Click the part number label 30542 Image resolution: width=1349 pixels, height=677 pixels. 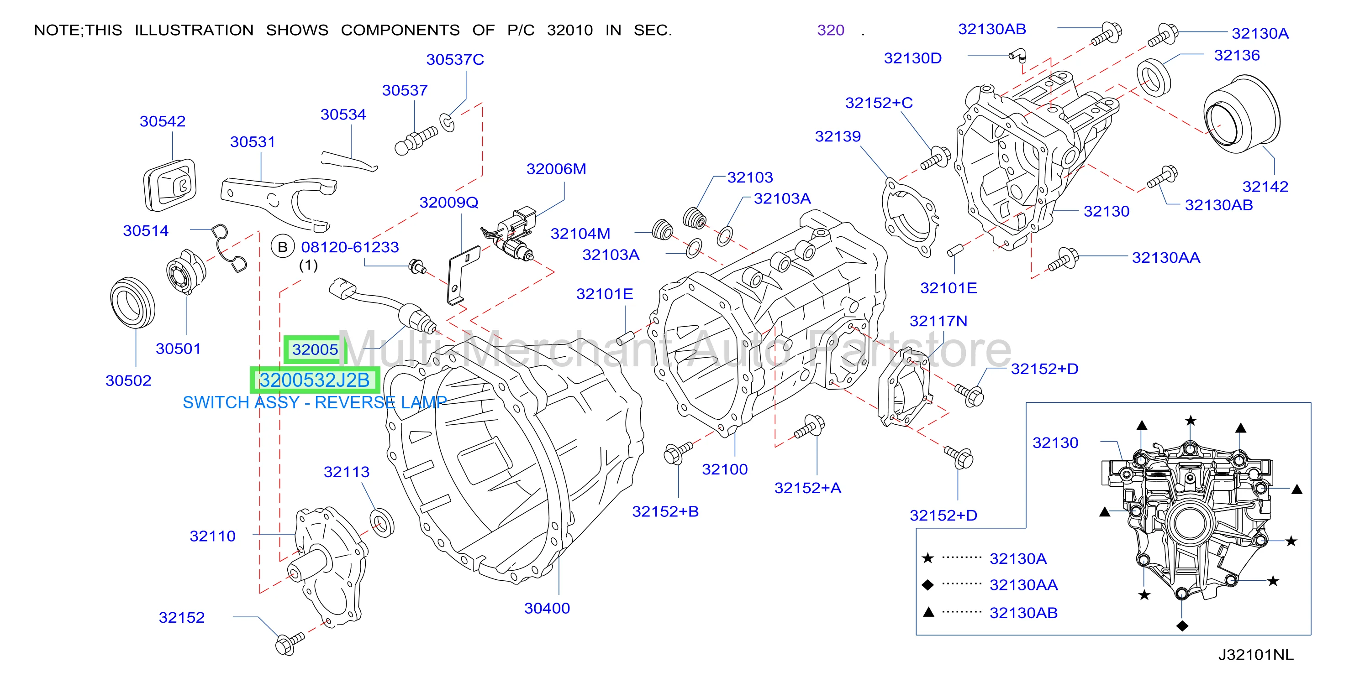point(162,121)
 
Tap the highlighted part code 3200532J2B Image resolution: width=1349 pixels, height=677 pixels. point(315,380)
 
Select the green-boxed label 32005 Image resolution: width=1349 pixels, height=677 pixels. point(315,349)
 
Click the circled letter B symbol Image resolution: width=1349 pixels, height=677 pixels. point(283,247)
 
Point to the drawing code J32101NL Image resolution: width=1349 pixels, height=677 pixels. point(1255,655)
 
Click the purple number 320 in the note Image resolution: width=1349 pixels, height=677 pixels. point(831,31)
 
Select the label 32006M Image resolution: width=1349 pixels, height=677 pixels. point(556,169)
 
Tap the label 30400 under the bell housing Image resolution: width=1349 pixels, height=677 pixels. point(547,608)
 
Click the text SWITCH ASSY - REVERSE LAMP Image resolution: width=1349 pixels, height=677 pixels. point(315,402)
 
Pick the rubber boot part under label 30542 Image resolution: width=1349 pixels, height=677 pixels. point(170,185)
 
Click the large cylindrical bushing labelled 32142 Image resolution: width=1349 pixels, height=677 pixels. point(1242,114)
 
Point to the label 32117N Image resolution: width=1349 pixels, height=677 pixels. point(938,321)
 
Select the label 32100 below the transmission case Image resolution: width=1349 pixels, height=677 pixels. point(725,469)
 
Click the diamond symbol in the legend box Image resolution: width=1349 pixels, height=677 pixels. point(927,585)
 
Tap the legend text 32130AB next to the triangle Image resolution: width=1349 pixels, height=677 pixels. point(1023,613)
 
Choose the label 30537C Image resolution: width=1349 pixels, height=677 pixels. point(455,60)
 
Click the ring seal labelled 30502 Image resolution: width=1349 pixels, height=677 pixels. point(133,303)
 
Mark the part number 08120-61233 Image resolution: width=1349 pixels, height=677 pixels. point(350,247)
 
